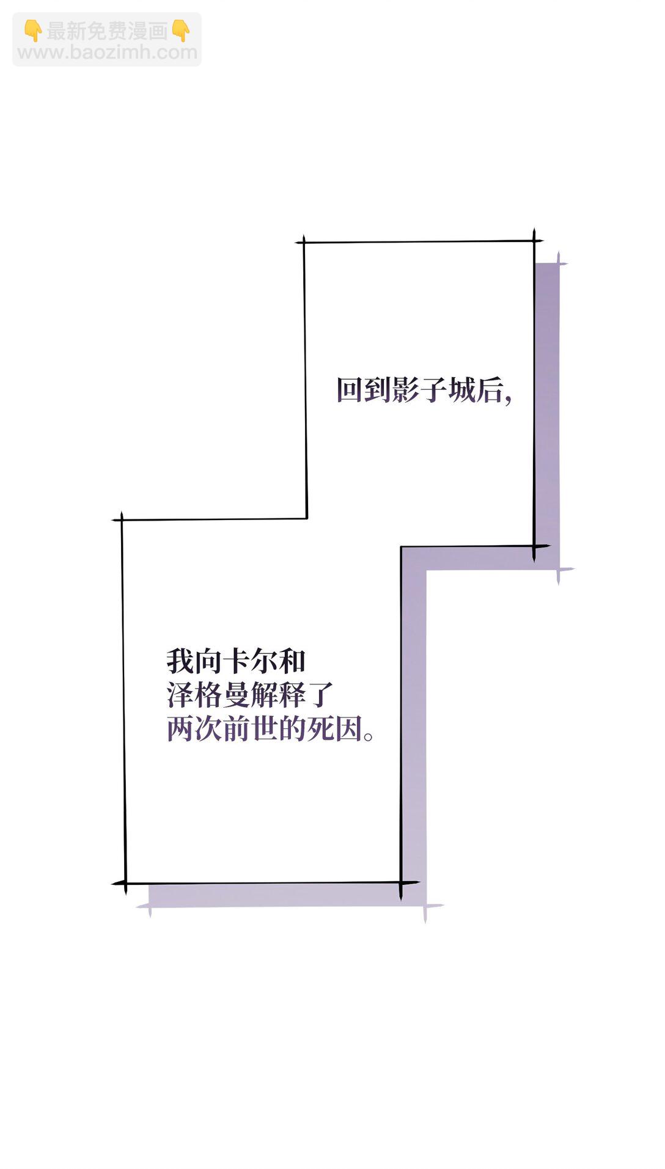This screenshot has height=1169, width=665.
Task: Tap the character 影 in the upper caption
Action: pos(406,390)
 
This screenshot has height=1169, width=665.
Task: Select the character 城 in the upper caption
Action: pos(462,390)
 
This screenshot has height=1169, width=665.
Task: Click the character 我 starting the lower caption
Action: pos(180,661)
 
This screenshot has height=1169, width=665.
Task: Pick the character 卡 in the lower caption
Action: pos(237,661)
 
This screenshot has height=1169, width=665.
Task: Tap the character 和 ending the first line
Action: pos(292,661)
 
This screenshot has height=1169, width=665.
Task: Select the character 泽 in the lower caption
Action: pos(180,695)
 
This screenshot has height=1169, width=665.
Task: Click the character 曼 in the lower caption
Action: pos(237,695)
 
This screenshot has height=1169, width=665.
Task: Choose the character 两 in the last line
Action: pos(180,729)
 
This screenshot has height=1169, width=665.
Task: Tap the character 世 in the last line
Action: pos(265,729)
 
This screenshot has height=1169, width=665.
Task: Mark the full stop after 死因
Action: pos(369,736)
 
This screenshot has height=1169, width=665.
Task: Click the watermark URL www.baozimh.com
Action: pos(108,53)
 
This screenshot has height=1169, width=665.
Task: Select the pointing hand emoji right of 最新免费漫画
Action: pos(181,30)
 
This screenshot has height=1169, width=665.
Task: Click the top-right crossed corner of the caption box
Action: pos(534,241)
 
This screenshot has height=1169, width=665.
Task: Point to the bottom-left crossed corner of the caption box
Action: pos(124,884)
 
